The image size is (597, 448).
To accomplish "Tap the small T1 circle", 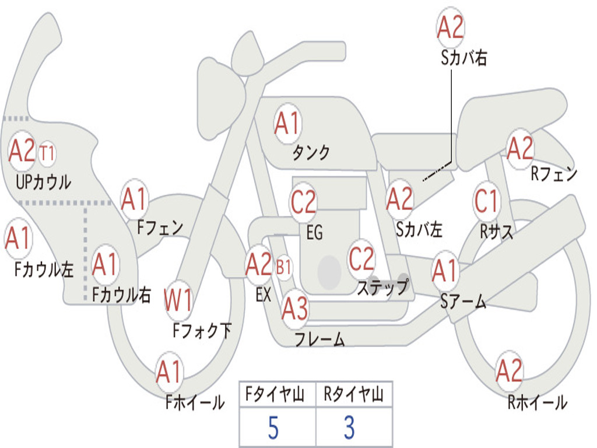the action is click(47, 154).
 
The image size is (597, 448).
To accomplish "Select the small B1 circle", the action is click(283, 267).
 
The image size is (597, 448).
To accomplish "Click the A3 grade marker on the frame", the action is click(295, 309).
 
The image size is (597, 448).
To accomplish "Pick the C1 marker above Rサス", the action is click(486, 201).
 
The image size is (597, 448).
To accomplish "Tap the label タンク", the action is click(311, 153).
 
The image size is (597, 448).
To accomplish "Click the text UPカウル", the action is click(43, 182).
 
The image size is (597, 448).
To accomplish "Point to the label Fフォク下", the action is click(202, 330).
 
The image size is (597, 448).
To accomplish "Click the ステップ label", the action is click(383, 287).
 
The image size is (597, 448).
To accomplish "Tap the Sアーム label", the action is click(463, 302).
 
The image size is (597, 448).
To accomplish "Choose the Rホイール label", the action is click(537, 402).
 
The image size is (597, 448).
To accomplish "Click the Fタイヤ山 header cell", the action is click(278, 394).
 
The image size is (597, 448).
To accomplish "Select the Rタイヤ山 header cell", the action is click(354, 394).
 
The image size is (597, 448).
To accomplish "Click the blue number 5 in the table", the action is click(273, 428).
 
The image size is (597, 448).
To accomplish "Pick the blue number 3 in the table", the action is click(350, 428).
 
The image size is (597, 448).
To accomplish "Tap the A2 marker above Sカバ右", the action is click(451, 27).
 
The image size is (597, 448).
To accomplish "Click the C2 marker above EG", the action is click(303, 202).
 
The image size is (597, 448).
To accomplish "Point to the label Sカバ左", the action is click(419, 229).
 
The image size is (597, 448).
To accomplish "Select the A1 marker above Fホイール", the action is click(169, 372).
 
